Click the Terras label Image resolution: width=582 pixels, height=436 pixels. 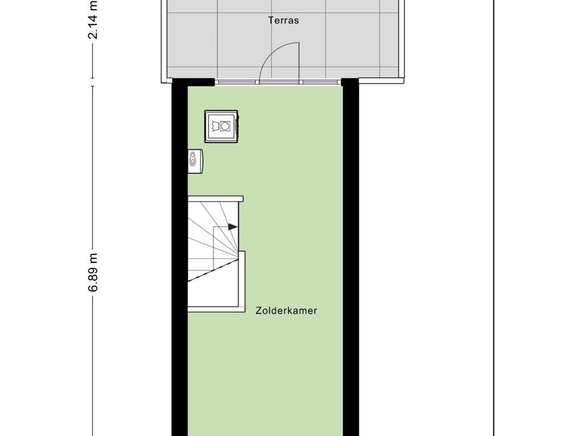(283, 20)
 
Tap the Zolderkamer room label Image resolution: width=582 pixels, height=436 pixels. (286, 311)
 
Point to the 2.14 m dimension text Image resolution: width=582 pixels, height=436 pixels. (93, 19)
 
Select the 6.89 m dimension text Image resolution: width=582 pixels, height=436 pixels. (93, 272)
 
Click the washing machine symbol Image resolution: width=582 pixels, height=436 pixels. (221, 127)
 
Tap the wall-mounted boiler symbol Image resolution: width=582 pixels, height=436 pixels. (196, 161)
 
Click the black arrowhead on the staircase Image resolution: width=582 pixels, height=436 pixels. (232, 227)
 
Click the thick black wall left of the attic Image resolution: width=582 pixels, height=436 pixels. (180, 259)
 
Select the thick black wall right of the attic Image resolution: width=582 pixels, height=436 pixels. (351, 259)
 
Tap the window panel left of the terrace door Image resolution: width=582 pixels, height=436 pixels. (236, 82)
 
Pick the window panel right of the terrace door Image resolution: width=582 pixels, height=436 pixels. (321, 82)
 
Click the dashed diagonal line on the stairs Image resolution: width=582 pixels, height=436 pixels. (213, 270)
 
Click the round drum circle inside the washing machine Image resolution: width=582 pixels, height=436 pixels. (225, 127)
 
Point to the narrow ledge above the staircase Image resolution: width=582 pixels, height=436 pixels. (215, 199)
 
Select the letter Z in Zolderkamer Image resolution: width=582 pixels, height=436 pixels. (259, 311)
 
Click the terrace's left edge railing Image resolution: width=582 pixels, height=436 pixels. (164, 41)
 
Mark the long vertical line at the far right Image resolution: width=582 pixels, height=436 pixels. (494, 218)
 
